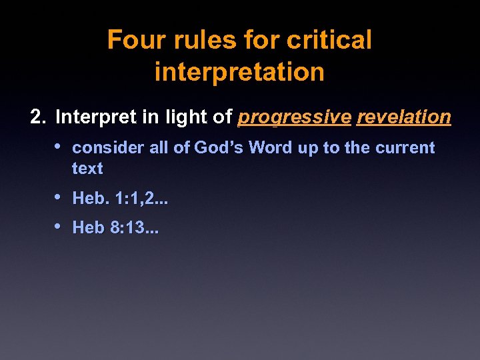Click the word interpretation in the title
239,71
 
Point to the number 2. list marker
38,117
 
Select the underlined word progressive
294,118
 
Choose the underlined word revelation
404,117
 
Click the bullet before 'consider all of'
59,145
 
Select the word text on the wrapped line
87,169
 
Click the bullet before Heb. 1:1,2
59,197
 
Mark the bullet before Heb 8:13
59,226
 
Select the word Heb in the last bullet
87,228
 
